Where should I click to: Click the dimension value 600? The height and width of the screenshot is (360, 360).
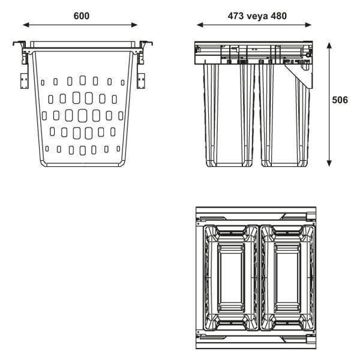point(82,16)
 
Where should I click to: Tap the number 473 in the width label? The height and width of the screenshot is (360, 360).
point(237,16)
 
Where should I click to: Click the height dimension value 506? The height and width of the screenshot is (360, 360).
point(340,101)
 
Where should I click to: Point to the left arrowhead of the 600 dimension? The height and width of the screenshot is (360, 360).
point(26,25)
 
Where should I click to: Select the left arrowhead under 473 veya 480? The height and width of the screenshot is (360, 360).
point(199,25)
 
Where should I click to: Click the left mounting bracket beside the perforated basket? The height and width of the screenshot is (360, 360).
point(24,79)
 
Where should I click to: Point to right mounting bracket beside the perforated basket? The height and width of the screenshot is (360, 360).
point(142,79)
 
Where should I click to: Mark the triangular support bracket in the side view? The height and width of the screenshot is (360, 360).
point(304,75)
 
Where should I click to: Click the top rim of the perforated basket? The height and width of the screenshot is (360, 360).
point(82,46)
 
